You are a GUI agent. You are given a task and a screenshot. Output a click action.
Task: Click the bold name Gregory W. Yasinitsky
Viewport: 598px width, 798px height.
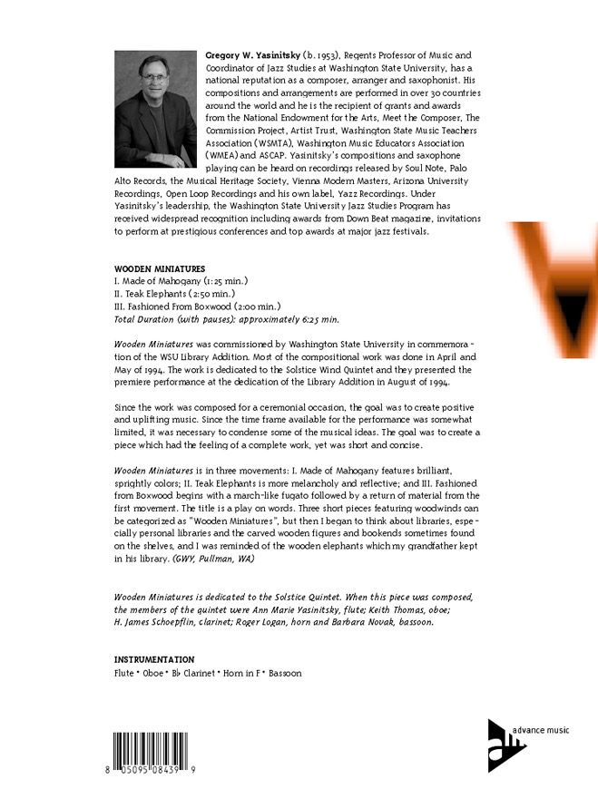256,55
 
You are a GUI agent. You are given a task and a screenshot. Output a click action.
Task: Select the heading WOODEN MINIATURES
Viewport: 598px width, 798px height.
159,269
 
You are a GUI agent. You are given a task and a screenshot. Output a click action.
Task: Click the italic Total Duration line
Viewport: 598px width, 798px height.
226,319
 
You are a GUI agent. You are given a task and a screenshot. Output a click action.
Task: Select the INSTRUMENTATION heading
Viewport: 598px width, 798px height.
153,659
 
